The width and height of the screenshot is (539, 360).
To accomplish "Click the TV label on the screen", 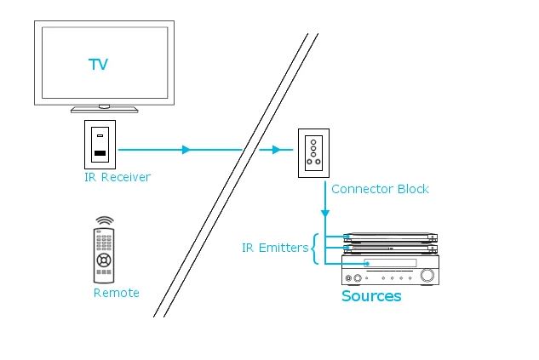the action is pos(98,64).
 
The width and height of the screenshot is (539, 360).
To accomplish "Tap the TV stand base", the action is pos(104,110).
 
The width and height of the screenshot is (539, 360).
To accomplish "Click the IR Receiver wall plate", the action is pos(100,145).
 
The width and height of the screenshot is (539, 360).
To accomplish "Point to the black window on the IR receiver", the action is pos(100,153).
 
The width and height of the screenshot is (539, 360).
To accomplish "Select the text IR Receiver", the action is pos(118,177).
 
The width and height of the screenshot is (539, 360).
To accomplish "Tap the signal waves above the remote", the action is pos(105,221).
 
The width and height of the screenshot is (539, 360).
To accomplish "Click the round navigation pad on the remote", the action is pos(104,260).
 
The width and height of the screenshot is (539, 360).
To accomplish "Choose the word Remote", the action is pos(116,293).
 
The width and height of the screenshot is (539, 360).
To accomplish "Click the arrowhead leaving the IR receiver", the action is pos(186,150).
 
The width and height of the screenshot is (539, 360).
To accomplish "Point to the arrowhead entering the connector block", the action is pos(276,150).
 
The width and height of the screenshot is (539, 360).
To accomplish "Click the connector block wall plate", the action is pos(313,153).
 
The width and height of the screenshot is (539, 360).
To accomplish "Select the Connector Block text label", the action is pos(380,189).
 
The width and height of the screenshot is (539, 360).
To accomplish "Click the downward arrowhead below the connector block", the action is pos(325,214).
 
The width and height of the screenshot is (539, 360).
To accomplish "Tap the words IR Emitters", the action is pos(275,248).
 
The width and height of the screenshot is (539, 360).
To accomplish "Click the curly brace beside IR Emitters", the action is pos(313,249).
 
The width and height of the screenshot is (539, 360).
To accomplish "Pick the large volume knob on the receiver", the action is pos(427,275).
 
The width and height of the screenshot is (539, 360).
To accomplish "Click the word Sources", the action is pos(371,296).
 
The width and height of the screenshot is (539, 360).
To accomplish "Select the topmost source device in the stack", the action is pos(391,237).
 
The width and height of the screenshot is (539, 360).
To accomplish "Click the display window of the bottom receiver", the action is pos(390,263).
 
